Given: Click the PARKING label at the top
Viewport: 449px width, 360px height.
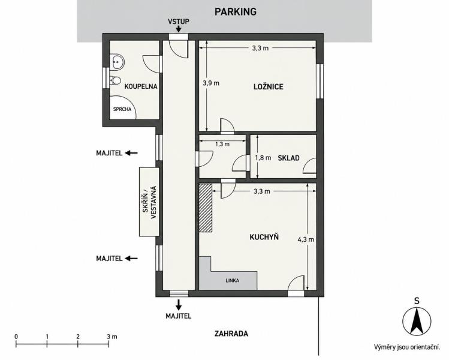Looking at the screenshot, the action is pos(236,12).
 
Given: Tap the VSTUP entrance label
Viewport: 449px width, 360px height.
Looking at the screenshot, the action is pos(179,22).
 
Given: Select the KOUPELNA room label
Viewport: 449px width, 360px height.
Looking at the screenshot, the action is pos(141,86).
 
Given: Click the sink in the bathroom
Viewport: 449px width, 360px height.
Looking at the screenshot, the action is pos(117,62).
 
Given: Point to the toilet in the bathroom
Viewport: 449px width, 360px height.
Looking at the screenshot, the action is pos(115,80).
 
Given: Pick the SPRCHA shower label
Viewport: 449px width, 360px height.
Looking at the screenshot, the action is pos(122,109).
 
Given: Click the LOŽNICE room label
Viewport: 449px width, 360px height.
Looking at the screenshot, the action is pos(269,86).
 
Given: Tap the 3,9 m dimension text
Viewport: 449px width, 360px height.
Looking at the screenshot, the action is pos(211,83).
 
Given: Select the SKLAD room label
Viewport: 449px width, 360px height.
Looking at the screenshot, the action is pos(289,158).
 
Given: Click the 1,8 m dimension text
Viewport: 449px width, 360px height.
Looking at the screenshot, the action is pos(263,158).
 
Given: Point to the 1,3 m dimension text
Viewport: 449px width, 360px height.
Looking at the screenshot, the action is pos(222,144).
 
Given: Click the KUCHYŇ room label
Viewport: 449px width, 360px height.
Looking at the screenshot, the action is pos(264,237).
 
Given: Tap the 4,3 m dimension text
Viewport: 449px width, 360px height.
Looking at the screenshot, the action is pos(306,239).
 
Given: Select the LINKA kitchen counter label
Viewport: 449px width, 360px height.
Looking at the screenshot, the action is pos(232,281).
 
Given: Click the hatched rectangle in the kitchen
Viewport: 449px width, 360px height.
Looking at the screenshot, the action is pos(206,208).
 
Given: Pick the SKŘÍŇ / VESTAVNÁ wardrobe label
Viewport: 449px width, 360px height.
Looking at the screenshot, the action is pos(150,202).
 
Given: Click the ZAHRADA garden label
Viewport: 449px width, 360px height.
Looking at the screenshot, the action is pos(231,334).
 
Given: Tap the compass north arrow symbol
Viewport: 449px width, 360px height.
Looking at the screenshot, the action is pos(417,322).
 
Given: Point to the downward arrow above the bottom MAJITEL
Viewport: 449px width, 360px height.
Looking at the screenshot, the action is pos(179,305).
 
